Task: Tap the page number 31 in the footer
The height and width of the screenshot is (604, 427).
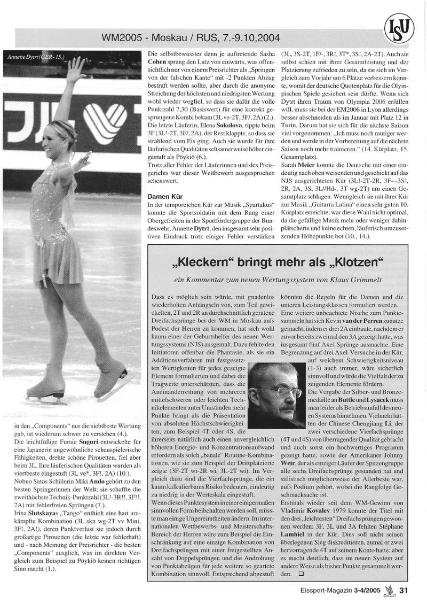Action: [x=404, y=590]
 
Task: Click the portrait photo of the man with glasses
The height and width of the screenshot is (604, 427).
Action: [x=278, y=395]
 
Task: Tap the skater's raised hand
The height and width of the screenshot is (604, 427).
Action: [x=76, y=64]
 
